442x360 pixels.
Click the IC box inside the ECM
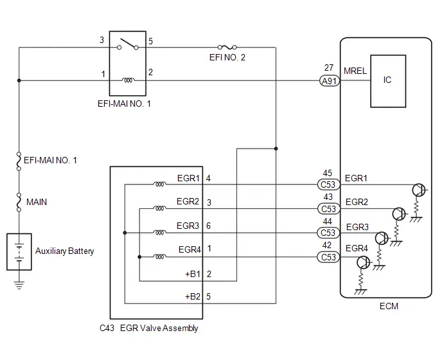click(388, 81)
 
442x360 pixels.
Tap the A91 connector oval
click(330, 81)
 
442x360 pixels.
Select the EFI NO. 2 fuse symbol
click(227, 47)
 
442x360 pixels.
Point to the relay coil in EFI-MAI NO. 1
click(128, 80)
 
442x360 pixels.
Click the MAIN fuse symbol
click(19, 203)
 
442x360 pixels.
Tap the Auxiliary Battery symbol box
click(19, 251)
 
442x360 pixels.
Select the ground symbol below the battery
click(19, 285)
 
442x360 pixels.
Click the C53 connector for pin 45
click(328, 184)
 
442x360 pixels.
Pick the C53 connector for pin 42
click(328, 257)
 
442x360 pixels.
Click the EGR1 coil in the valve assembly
click(159, 184)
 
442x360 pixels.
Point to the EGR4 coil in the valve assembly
click(159, 256)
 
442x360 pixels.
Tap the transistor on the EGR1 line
click(419, 190)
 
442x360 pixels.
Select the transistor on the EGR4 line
click(363, 262)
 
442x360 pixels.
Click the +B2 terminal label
click(193, 296)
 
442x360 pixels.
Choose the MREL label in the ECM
click(355, 71)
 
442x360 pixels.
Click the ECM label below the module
click(389, 306)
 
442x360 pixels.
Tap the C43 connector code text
click(107, 328)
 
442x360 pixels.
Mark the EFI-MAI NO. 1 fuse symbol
click(19, 161)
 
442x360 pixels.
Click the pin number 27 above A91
click(329, 67)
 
